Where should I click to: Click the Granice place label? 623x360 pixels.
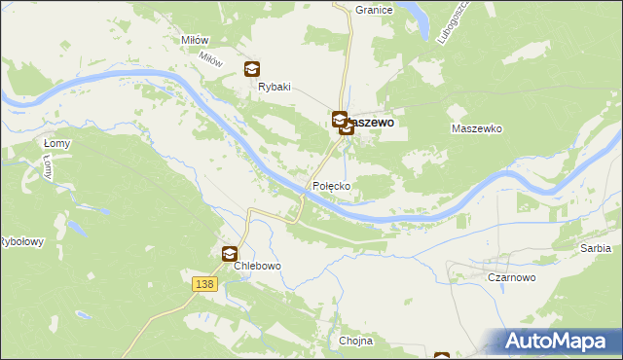[x=374, y=10]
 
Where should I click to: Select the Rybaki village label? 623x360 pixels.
[x=275, y=87]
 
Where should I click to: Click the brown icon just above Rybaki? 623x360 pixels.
[x=252, y=68]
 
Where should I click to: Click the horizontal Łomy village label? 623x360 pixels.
[x=56, y=144]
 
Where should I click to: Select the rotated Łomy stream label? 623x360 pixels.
[x=48, y=168]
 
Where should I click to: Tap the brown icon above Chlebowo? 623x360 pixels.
[x=229, y=254]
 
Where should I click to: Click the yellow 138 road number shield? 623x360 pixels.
[x=202, y=283]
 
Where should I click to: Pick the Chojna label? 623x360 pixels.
[x=356, y=342]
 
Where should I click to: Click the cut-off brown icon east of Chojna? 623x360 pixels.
[x=442, y=356]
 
